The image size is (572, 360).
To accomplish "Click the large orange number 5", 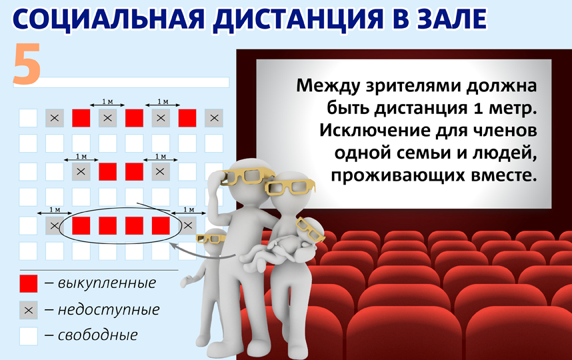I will (x=26, y=65).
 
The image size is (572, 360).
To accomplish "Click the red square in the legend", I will (x=28, y=283).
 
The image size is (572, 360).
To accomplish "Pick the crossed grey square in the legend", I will (x=28, y=309).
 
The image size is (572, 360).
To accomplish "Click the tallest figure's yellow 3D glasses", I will (x=247, y=176).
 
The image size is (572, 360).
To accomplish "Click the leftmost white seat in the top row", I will (x=28, y=118).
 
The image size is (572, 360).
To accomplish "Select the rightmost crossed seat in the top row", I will (x=213, y=118).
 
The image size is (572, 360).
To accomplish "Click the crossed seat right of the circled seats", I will (x=187, y=225).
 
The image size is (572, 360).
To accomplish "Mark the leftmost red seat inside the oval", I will (x=81, y=225).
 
